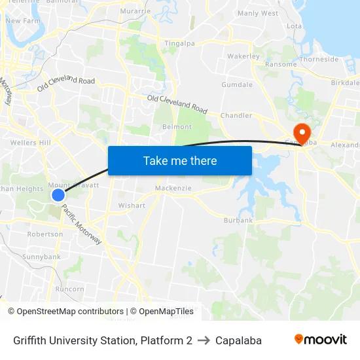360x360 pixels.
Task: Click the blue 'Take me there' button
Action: point(180,160)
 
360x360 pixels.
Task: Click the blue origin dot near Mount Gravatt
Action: point(58,194)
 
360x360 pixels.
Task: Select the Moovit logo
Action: point(321,340)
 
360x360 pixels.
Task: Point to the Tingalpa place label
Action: point(180,43)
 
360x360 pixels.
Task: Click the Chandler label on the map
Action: point(236,115)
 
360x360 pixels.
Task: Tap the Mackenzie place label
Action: point(173,189)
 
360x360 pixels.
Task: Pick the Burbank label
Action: point(238,221)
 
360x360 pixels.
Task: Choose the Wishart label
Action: point(132,205)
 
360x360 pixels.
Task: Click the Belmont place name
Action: point(177,126)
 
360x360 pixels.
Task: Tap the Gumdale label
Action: point(237,85)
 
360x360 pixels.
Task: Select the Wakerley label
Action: point(243,56)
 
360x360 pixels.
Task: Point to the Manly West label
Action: point(258,13)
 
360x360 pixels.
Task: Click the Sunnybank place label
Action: point(42,257)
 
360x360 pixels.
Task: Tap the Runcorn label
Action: point(69,289)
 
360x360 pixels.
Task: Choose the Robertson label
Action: point(45,234)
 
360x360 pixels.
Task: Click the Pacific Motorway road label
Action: point(82,225)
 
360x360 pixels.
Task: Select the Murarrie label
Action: point(135,11)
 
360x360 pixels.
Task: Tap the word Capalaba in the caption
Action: point(238,340)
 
